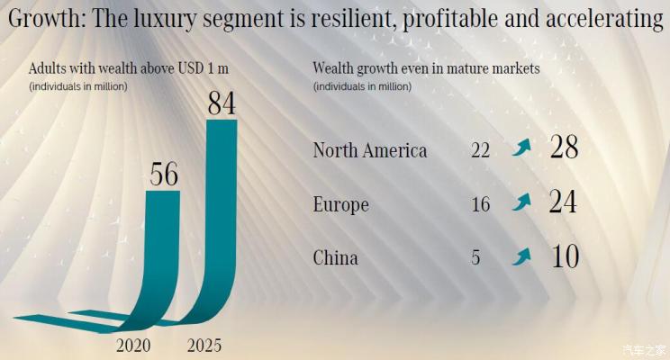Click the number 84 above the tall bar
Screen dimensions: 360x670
click(221, 103)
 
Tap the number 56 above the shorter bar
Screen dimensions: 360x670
click(164, 173)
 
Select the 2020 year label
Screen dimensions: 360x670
click(134, 346)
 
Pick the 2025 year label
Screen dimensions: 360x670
click(204, 346)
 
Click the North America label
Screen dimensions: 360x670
click(369, 150)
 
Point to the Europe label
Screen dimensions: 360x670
click(340, 205)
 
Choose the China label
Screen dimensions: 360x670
click(335, 258)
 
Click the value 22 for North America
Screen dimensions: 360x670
click(480, 151)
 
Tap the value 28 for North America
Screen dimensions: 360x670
click(564, 148)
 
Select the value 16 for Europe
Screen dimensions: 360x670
click(480, 205)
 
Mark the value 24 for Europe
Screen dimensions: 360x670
click(564, 202)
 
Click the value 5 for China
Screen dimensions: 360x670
click(475, 259)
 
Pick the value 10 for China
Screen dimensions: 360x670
click(564, 256)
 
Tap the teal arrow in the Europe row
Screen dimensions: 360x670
click(521, 202)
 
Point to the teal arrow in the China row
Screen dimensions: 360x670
click(521, 256)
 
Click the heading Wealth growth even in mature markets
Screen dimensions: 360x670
click(426, 68)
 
